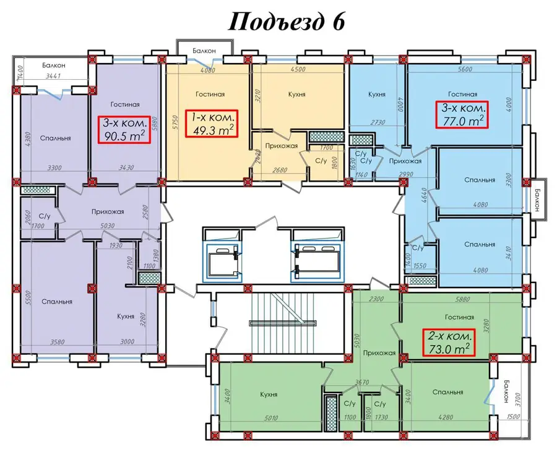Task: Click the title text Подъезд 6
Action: coord(287,22)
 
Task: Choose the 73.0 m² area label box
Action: coord(448,342)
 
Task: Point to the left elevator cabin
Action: coord(223,262)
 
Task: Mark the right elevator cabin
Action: coord(317,262)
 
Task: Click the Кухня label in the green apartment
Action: coord(269,394)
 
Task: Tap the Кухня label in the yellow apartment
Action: coord(297,95)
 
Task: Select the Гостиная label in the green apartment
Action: coord(459,317)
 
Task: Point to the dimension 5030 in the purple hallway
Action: coord(107,226)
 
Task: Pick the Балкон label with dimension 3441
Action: coord(54,66)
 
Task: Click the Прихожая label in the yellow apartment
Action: coord(282,146)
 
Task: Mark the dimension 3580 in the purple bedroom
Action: coord(57,342)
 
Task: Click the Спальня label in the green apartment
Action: coord(448,392)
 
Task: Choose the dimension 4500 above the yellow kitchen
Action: coord(298,70)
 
